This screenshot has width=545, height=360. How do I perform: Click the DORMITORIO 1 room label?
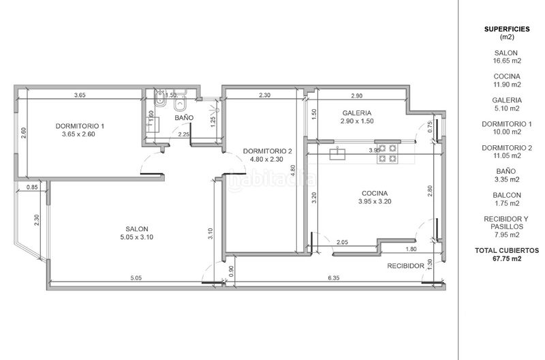(80, 126)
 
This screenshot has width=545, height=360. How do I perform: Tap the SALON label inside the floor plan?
(137, 229)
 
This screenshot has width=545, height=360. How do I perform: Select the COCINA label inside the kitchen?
(375, 193)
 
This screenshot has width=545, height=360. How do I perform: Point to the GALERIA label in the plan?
(357, 112)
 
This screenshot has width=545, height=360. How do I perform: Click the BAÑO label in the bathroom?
(184, 117)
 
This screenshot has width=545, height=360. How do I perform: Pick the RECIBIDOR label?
(405, 266)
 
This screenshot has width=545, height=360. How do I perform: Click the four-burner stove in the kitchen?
(388, 153)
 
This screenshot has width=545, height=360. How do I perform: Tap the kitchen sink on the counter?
(337, 153)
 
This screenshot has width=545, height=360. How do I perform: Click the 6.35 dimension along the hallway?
(334, 278)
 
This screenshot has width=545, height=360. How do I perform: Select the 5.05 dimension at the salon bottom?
(136, 278)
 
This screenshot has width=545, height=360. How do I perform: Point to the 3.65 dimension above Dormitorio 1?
(80, 95)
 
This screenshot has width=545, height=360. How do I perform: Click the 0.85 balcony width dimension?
(32, 187)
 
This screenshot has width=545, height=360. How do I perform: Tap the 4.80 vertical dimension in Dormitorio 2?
(293, 172)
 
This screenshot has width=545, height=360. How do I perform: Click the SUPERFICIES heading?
(507, 29)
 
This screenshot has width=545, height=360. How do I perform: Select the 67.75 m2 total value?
(507, 258)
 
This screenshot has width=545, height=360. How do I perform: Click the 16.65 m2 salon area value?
(507, 61)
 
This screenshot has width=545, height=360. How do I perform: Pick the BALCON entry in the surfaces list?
(507, 195)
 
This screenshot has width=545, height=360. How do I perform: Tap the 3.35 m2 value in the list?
(507, 179)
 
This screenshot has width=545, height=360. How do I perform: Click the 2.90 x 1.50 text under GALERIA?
(357, 121)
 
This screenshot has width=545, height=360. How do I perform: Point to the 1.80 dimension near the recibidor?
(411, 249)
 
